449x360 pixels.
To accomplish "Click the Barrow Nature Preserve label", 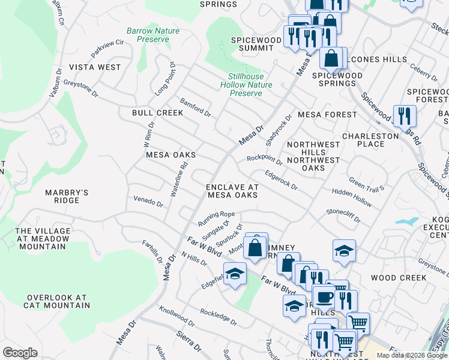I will click(153, 35).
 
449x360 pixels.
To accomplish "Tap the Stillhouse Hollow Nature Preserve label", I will click(246, 85).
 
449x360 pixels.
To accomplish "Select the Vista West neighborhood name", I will click(95, 67).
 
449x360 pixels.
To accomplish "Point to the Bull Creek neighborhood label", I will click(157, 113).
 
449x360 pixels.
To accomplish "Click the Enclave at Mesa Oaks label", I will click(232, 191).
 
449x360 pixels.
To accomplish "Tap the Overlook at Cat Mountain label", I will click(56, 301).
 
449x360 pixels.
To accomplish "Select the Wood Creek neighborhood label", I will click(399, 278).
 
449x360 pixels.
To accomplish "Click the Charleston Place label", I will click(370, 140).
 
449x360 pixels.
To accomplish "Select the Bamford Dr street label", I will click(195, 108).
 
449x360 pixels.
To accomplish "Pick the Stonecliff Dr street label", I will click(343, 215).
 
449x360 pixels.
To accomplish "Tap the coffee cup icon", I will click(325, 298).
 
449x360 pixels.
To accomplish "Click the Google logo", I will click(20, 353).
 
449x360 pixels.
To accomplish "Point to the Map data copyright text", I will click(411, 355).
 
